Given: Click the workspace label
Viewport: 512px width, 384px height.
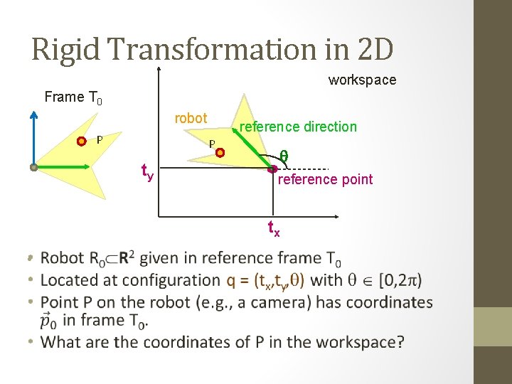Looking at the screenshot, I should coord(362,80).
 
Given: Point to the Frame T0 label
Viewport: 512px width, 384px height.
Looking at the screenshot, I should coord(73,97).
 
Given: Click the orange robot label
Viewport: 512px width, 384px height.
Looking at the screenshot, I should coord(191,118).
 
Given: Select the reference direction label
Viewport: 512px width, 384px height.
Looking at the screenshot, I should coord(298,127).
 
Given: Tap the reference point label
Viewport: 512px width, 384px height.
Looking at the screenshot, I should coord(325,179).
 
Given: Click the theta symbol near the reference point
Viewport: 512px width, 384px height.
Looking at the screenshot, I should coord(283,156).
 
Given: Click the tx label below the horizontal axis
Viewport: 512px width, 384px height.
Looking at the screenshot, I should coord(273,228).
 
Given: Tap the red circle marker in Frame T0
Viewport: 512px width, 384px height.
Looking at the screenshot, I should coord(82,141).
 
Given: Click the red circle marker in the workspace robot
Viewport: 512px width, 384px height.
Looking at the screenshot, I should coord(220,152).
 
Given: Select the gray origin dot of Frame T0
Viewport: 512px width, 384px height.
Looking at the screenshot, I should coord(33,168).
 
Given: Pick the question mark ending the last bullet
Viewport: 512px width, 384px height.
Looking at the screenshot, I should coord(401,342).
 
